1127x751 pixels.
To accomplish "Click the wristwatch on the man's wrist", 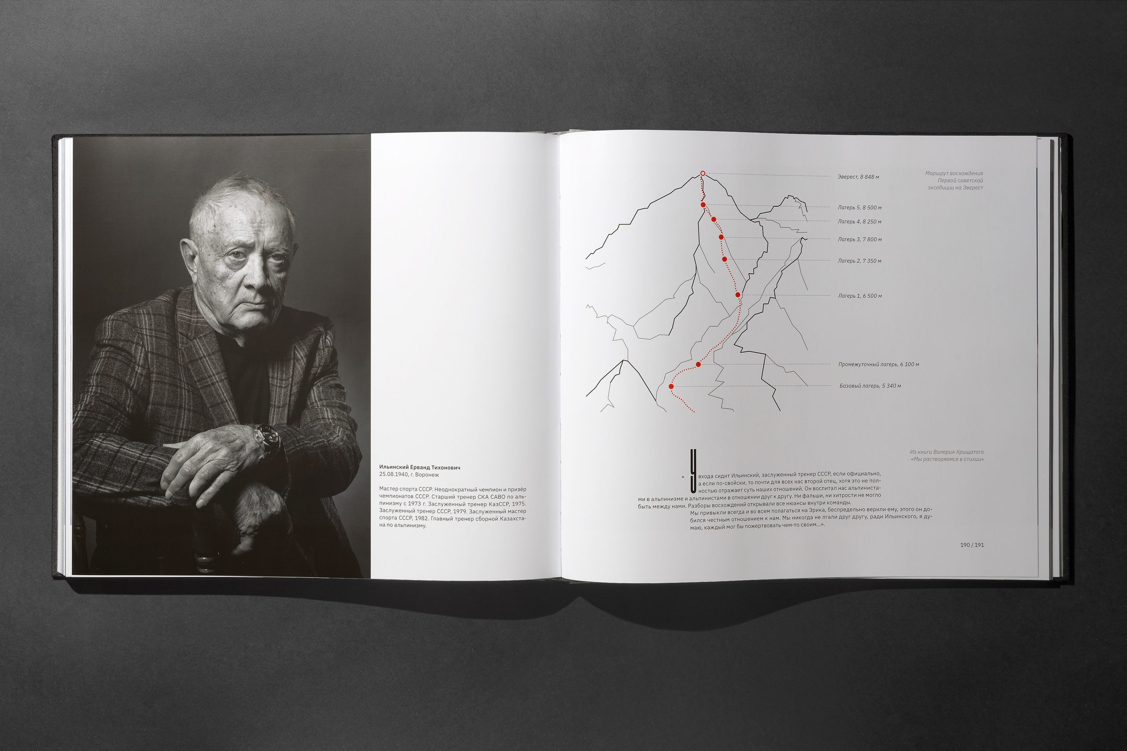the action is (266, 440).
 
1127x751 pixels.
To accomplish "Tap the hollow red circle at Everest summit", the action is (703, 173).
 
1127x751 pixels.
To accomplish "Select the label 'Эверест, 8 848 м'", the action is (858, 177).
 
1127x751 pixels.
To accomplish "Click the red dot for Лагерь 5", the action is (703, 205).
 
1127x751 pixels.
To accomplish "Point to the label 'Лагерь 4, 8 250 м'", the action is (859, 222).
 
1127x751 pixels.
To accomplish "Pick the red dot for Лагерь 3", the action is (721, 237).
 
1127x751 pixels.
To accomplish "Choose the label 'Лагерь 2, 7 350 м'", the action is (859, 261).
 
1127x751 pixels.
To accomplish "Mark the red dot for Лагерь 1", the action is (738, 295).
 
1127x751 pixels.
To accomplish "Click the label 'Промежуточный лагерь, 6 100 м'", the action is (878, 364).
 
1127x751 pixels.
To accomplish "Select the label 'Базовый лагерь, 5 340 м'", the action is (870, 386).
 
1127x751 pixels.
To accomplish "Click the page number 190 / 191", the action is (972, 545).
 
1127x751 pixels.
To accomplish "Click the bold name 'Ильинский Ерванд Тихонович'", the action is (419, 467).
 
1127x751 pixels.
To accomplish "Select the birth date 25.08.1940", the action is (393, 475).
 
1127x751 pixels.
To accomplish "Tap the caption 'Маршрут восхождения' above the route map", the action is (954, 173).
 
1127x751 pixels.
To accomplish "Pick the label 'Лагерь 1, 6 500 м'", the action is (860, 296).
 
